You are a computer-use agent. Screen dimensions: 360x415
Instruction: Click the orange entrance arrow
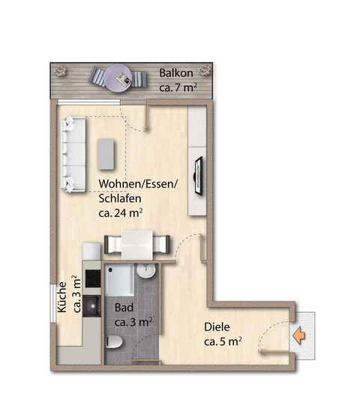pos(299,335)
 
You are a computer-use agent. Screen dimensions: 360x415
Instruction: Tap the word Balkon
pos(176,73)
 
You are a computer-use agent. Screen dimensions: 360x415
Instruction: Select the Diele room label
pos(217,327)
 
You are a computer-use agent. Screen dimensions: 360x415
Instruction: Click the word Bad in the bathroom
pos(124,308)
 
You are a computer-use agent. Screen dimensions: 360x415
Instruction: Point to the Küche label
pos(62,297)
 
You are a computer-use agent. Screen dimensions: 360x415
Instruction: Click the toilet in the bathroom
pos(114,341)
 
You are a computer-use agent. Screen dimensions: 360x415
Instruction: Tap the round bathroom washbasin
pos(146,270)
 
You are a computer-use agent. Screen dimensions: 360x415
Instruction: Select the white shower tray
pos(119,280)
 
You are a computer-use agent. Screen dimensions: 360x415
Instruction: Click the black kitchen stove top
pos(93,278)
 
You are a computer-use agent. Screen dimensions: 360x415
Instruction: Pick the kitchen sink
pos(91,306)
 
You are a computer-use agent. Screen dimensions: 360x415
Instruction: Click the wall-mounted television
pos(199,176)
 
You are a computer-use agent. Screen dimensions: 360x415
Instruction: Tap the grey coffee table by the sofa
pos(106,155)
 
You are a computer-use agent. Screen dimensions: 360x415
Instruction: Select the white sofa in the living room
pos(73,154)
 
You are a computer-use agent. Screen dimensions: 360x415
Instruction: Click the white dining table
pos(137,245)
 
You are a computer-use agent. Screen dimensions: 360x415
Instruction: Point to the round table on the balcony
pos(118,78)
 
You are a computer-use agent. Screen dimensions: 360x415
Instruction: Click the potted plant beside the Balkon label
pos(204,71)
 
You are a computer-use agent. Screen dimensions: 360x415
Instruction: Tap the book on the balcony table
pos(124,79)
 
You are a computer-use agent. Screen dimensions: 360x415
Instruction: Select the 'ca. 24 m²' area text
pos(121,213)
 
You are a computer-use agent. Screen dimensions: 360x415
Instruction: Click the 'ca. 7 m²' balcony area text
pos(178,87)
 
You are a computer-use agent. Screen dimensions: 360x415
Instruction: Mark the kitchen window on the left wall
pos(53,304)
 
